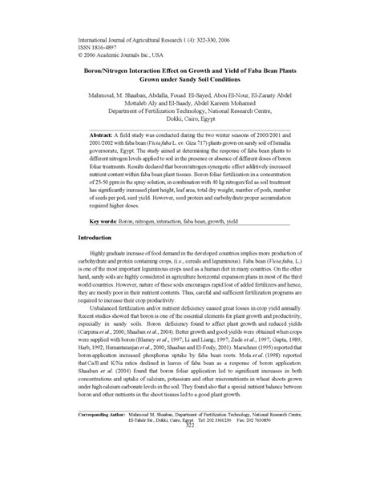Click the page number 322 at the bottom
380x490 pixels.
190,470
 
